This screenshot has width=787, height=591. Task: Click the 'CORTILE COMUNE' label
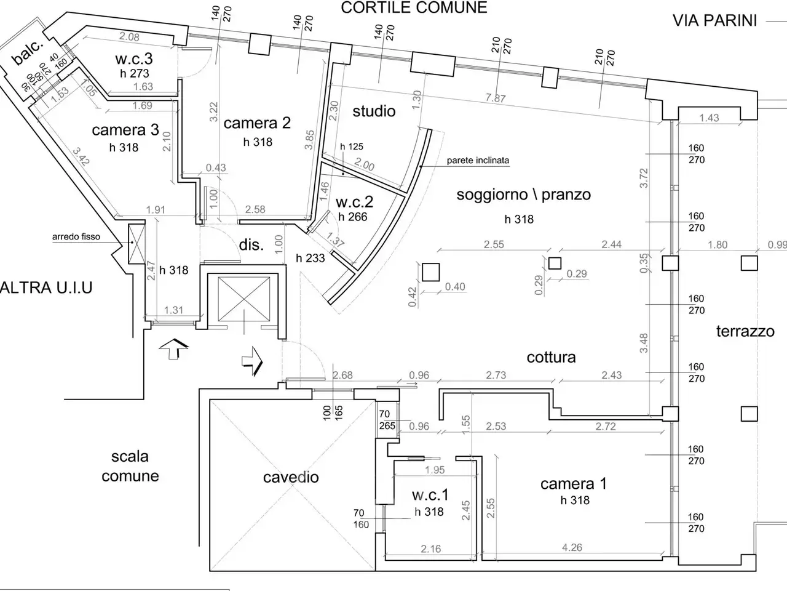click(414, 7)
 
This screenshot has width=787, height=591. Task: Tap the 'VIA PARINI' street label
click(714, 21)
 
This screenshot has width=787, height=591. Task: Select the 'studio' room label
click(374, 111)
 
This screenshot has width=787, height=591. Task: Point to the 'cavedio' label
click(291, 477)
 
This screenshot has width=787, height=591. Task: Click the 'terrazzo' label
click(745, 331)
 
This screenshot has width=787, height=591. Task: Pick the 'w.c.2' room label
click(354, 202)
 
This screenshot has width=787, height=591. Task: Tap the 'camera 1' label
click(574, 484)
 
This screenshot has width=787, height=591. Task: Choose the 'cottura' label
click(551, 358)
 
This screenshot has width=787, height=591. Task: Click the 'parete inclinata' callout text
click(478, 161)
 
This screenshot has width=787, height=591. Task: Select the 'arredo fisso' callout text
click(76, 237)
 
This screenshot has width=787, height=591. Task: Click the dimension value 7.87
click(496, 98)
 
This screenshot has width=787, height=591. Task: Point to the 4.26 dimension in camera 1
click(572, 547)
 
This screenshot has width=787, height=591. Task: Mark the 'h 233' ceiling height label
click(310, 258)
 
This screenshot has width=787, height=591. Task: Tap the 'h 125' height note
click(351, 147)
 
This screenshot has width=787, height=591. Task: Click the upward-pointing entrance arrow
click(173, 348)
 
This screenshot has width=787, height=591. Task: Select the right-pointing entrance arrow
click(253, 361)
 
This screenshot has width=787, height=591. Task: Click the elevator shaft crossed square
click(244, 299)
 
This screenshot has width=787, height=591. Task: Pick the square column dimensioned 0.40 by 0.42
click(430, 272)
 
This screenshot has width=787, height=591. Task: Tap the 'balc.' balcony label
click(28, 54)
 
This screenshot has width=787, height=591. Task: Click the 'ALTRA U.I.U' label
click(46, 287)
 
